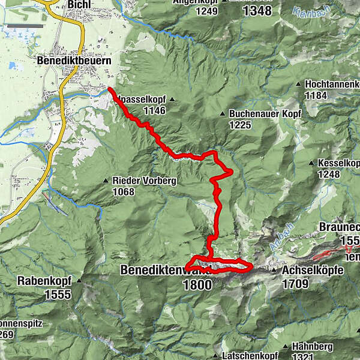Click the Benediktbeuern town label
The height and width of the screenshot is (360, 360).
[71, 61]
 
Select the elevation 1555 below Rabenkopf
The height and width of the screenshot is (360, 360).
[58, 294]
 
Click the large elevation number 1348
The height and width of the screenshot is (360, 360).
[254, 10]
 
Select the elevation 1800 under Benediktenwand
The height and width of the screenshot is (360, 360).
[197, 284]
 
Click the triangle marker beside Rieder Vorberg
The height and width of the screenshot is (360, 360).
[106, 180]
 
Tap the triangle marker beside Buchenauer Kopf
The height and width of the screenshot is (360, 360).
[223, 113]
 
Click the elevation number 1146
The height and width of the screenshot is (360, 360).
[155, 110]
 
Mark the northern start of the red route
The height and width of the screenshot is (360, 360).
[110, 90]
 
